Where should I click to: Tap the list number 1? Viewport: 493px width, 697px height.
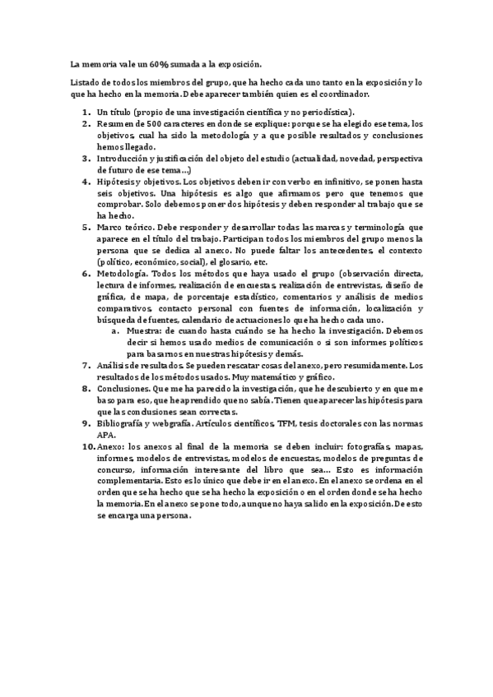[86, 111]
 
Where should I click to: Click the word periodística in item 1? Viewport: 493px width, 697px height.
[325, 111]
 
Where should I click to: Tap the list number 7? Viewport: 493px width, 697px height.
[86, 365]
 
